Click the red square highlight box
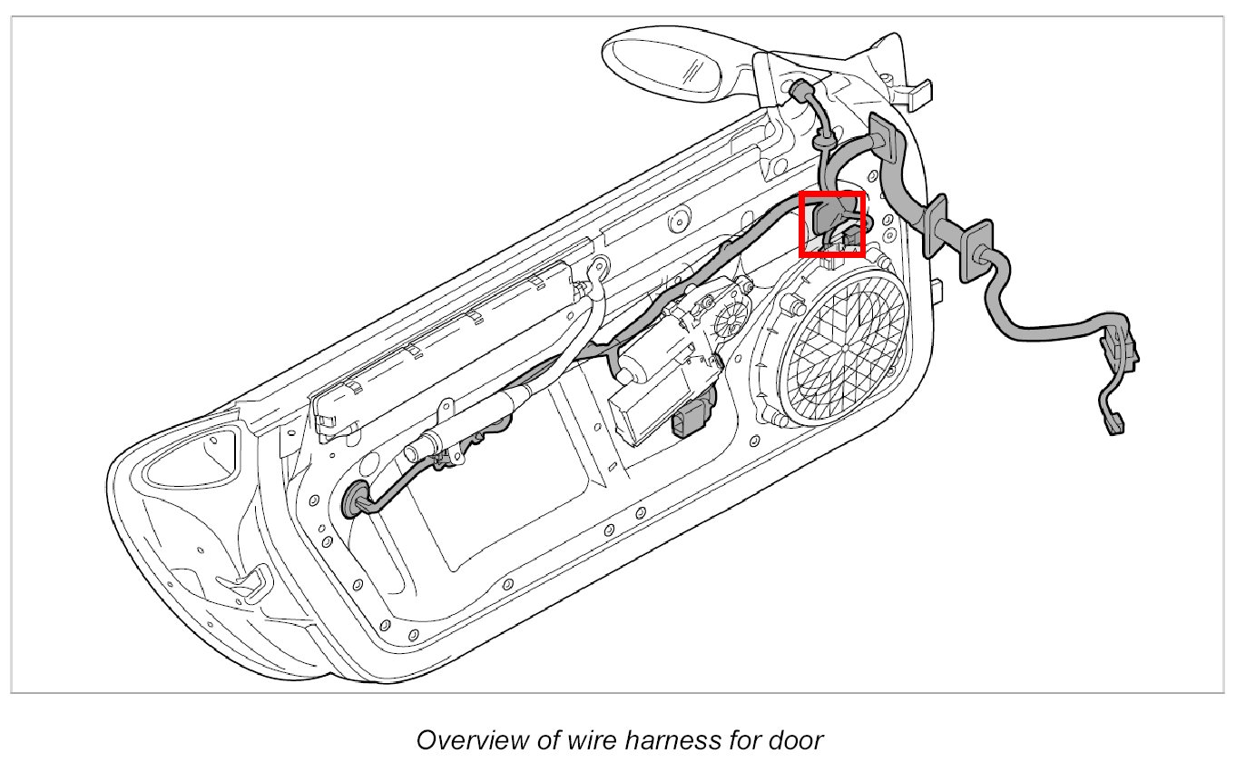coord(831,223)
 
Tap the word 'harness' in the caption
coord(663,738)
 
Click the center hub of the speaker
coord(843,347)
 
